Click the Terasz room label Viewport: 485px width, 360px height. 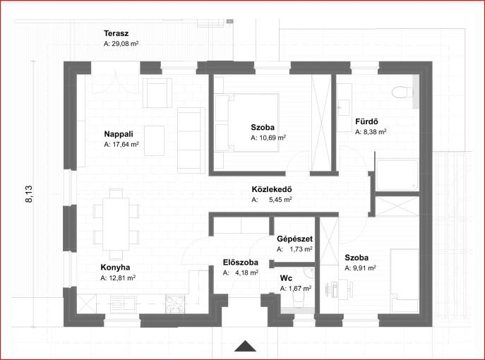pos(116,33)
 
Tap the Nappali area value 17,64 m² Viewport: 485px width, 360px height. pos(121,145)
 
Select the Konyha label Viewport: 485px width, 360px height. pos(115,268)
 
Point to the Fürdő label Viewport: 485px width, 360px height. pos(366,121)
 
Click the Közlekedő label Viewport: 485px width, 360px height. pos(272,189)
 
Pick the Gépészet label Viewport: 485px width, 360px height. pos(294,239)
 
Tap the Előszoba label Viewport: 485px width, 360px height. pos(240,263)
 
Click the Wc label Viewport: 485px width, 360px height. pos(286,278)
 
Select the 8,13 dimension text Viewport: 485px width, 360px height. pos(29,194)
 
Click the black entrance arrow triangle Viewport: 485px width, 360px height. pos(245,347)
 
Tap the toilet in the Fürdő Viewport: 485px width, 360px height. pos(402,92)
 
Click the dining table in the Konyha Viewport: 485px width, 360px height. pos(116,224)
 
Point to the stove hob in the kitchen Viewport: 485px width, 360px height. pos(175,304)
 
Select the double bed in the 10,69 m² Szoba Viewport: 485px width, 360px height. pos(247,123)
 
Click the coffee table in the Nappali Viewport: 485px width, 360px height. pos(154,140)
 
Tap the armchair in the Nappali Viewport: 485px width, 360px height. pos(157,93)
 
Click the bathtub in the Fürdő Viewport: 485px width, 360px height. pos(397,175)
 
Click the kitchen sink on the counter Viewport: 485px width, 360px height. pos(123,304)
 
